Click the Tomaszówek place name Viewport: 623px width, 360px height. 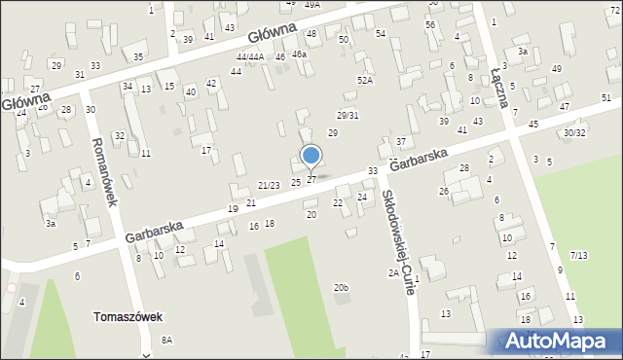(x=128, y=317)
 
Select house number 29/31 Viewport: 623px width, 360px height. (x=348, y=116)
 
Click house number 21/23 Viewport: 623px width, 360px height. (x=269, y=185)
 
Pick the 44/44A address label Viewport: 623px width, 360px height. (x=250, y=57)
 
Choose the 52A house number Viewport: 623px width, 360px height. (x=364, y=81)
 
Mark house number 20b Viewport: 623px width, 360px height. (x=340, y=287)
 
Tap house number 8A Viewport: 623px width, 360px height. (x=166, y=340)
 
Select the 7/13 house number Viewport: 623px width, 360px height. (x=578, y=255)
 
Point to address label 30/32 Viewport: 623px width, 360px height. (x=574, y=132)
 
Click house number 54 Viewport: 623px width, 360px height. (x=381, y=34)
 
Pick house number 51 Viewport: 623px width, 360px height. (x=606, y=98)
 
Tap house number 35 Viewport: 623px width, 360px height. (x=138, y=56)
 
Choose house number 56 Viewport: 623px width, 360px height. (x=429, y=23)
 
